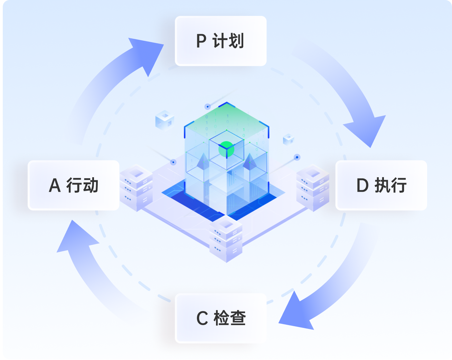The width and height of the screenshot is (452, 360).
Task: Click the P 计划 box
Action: point(220,41)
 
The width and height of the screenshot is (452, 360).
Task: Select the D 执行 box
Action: point(381,185)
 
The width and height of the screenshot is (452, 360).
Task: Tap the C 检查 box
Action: point(221,318)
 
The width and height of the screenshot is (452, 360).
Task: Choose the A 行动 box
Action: point(73,185)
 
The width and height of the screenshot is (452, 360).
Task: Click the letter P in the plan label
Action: point(201,41)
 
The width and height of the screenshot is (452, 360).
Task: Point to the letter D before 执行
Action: point(362,186)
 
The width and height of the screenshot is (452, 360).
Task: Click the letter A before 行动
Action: point(55,186)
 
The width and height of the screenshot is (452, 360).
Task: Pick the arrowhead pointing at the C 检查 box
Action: point(295,313)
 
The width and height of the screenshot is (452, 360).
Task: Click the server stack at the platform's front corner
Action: point(226,238)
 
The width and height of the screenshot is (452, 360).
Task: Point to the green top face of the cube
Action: point(226,119)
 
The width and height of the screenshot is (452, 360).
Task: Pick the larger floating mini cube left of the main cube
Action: point(164,120)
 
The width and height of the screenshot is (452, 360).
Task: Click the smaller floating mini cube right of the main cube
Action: point(288,139)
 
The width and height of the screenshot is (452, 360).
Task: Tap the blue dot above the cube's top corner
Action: point(207,106)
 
